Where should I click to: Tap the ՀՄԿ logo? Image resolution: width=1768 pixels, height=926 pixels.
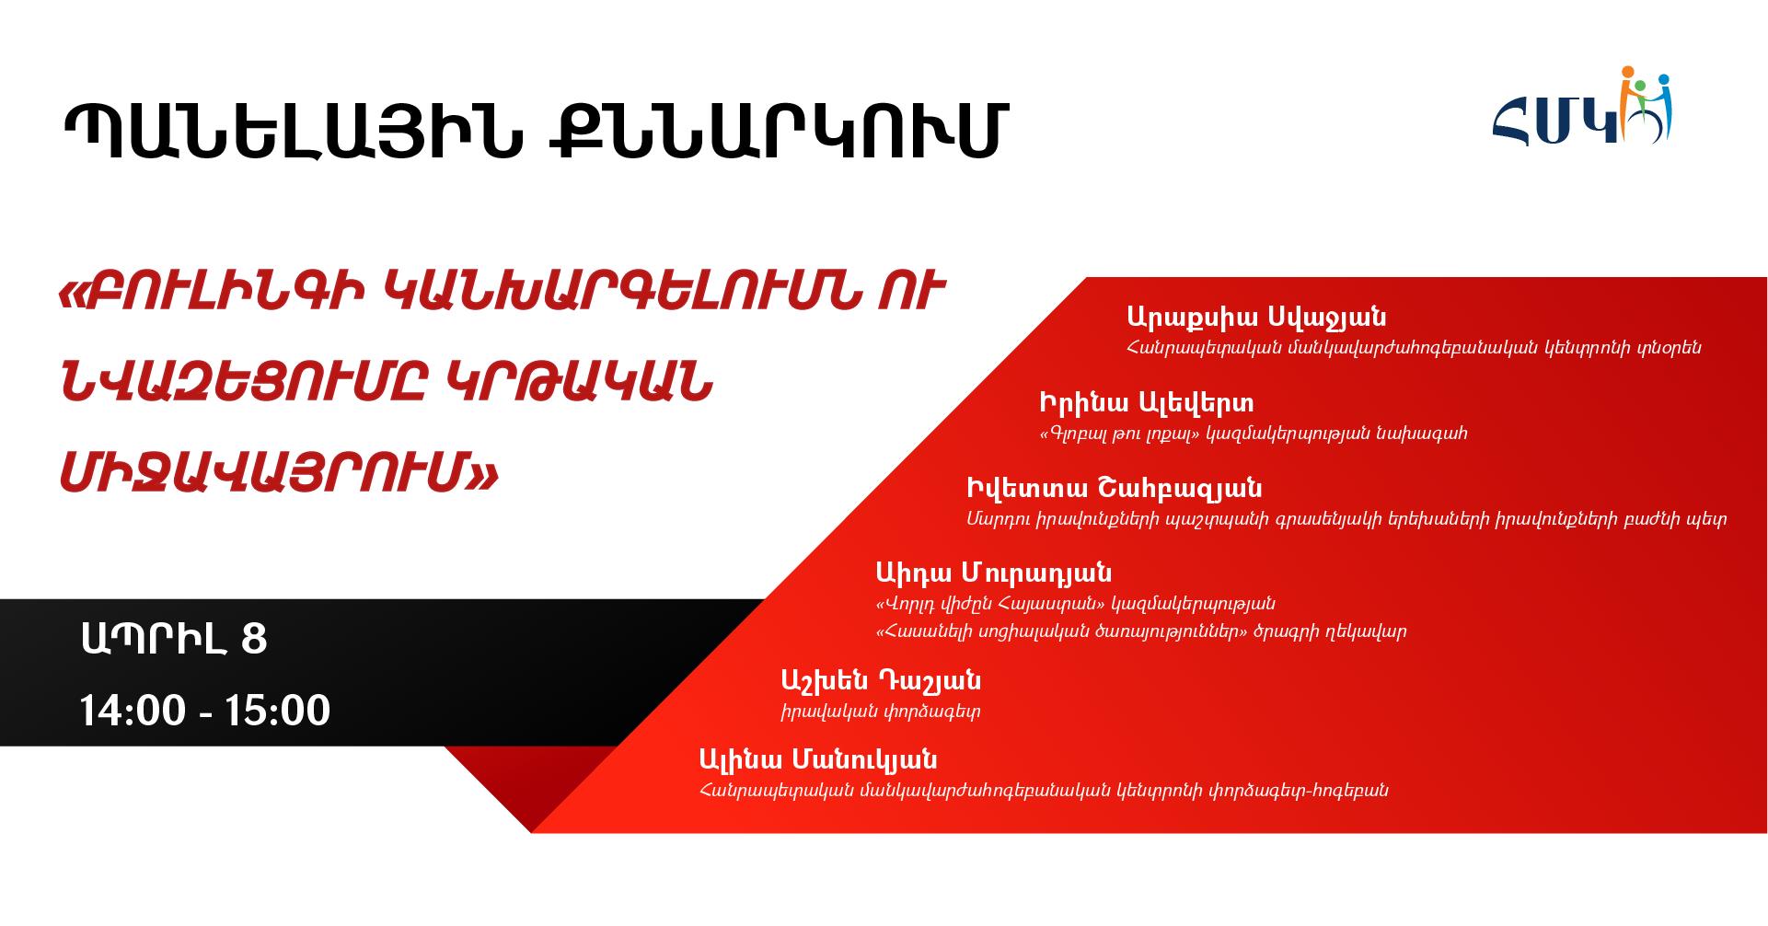coord(1581,109)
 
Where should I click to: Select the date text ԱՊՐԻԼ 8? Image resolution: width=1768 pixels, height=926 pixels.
coord(174,639)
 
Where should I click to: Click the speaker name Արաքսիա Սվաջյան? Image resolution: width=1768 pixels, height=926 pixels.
coord(1256,318)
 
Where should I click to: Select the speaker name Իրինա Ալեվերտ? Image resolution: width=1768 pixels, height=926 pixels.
coord(1146,403)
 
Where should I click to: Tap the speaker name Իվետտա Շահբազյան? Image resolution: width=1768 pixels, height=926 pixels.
coord(1114,489)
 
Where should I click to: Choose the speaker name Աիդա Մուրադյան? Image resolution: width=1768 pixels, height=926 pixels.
coord(994,573)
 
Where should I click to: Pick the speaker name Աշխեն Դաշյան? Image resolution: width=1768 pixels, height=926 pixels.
coord(880,681)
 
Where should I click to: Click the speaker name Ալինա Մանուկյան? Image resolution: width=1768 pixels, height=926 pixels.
coord(818,760)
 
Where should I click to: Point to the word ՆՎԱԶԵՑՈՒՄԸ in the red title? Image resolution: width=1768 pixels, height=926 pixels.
coord(242,384)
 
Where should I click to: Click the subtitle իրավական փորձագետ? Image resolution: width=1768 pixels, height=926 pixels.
coord(880,712)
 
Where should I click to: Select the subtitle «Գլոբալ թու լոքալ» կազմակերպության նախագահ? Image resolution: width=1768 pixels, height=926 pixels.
coord(1253,434)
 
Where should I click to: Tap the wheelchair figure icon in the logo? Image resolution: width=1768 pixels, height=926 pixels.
coord(1652,109)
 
